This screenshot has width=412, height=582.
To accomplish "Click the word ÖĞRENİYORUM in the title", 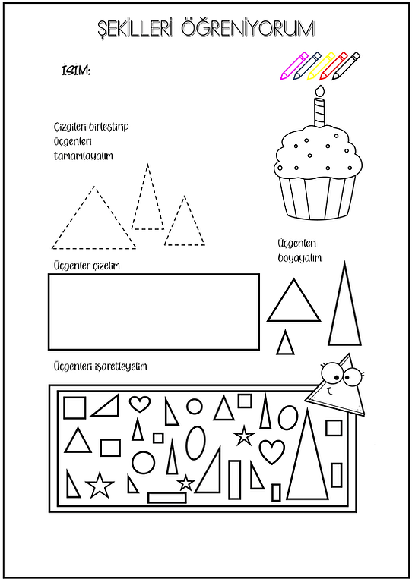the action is (x=248, y=28).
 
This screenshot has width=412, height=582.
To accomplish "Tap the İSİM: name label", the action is (x=76, y=70).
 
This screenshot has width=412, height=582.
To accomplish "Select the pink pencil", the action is (x=294, y=66).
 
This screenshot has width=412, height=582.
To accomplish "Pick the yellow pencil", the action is (x=321, y=66).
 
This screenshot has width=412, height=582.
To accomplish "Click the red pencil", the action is (x=333, y=66).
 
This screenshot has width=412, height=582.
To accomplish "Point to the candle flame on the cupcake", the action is (x=320, y=91).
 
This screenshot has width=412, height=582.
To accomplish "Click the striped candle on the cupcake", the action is (x=319, y=112).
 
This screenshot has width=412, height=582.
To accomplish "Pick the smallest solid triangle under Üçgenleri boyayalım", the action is (x=285, y=342).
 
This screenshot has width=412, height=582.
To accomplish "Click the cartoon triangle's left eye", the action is (x=331, y=373).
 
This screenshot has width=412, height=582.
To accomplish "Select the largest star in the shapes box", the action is (x=100, y=485).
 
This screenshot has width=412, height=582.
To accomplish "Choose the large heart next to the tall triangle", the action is (x=272, y=451).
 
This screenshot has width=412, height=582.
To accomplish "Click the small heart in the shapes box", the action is (x=140, y=404).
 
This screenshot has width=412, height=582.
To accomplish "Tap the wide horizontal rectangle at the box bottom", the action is (x=167, y=497).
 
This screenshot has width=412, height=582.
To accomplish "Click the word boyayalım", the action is (x=299, y=258).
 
